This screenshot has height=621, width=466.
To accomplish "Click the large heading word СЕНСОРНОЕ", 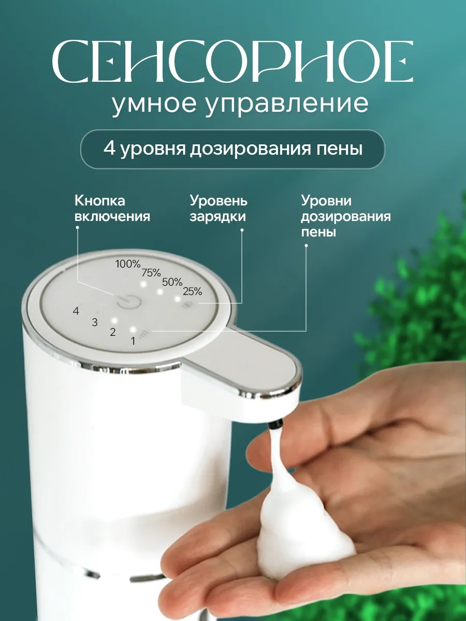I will click(x=232, y=63).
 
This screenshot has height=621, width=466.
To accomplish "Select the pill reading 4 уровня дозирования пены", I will click(x=232, y=149).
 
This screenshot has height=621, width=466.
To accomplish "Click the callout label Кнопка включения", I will click(x=112, y=208).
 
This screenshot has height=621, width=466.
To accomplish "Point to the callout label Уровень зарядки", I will click(x=218, y=208).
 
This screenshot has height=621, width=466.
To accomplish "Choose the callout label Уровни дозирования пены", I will click(x=346, y=216).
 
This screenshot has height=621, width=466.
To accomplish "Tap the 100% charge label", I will click(x=127, y=264).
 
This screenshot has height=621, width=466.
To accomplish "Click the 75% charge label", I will click(x=151, y=273).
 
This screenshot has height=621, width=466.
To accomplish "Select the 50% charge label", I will click(x=172, y=282).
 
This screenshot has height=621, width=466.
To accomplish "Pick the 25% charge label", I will click(x=192, y=291).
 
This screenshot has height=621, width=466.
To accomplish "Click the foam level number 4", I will click(x=76, y=311).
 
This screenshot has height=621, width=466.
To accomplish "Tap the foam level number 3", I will click(x=95, y=322).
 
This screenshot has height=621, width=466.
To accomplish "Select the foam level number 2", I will click(x=113, y=332).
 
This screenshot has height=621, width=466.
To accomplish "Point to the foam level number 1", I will click(x=133, y=341).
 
